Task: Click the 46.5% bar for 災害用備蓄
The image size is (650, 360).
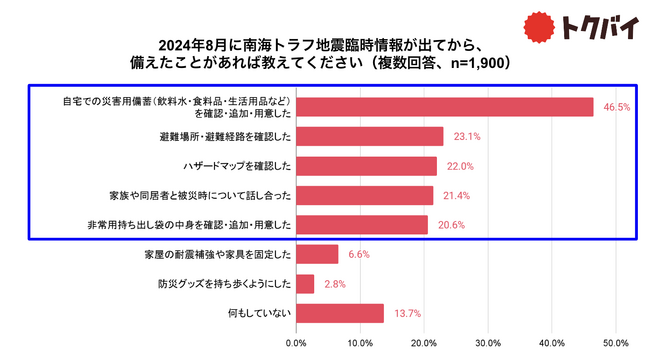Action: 445,107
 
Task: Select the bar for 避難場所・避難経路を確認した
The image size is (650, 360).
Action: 370,136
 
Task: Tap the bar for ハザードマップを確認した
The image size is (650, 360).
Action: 366,166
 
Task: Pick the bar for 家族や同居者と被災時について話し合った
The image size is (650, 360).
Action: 364,195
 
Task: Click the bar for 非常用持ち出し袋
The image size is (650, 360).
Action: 362,225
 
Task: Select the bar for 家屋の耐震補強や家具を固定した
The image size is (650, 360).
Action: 317,254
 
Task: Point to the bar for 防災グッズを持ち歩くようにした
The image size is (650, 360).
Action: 305,284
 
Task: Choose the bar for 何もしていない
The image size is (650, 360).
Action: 340,313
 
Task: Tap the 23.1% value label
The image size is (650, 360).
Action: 463,136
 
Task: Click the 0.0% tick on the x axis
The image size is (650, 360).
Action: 296,343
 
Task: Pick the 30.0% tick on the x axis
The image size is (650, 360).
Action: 488,343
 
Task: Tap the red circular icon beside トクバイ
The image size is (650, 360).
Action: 541,26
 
